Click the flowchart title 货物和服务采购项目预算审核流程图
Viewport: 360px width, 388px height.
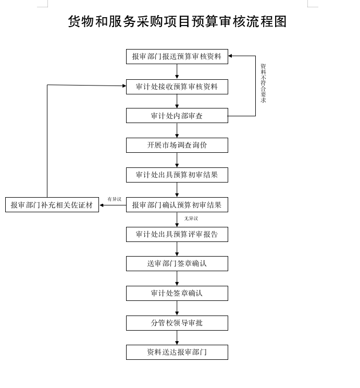coord(177,21)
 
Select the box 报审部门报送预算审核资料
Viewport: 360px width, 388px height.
coord(177,56)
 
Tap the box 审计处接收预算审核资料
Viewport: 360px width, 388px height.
coord(177,87)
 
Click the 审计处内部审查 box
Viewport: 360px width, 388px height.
coord(177,116)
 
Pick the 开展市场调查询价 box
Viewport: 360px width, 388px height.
coord(177,145)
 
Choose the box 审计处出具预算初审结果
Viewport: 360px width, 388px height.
coord(177,175)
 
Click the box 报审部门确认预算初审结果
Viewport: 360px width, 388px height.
coord(177,205)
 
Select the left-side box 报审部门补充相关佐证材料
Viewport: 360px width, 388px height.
coord(52,205)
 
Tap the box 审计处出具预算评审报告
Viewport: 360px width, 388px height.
coord(177,234)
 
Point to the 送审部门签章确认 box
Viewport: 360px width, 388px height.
coord(177,263)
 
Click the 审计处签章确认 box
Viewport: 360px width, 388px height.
coord(177,293)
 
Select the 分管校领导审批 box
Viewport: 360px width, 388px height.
coord(177,323)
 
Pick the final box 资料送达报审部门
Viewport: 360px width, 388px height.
coord(177,352)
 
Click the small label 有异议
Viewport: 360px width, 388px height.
coord(115,199)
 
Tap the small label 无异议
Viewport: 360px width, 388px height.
coord(191,219)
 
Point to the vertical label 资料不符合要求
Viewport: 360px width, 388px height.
coord(263,83)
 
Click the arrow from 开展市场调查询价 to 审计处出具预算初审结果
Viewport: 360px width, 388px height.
coord(177,160)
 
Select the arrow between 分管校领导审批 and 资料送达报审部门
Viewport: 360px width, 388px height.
coord(177,337)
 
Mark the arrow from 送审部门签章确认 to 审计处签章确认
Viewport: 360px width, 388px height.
coord(177,278)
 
